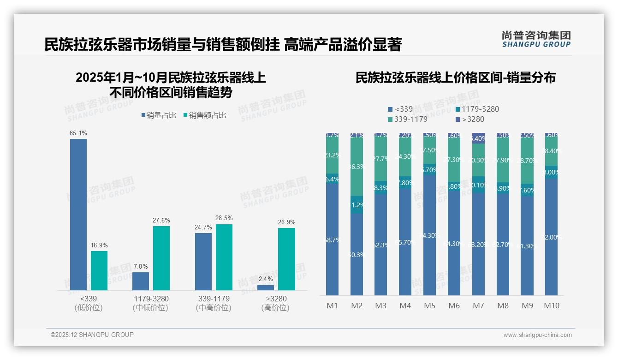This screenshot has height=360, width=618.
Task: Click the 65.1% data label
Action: (78, 133)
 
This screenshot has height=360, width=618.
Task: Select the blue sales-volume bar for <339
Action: (78, 215)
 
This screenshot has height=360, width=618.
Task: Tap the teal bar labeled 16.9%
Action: (99, 270)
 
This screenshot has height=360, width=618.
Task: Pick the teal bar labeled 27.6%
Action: (161, 258)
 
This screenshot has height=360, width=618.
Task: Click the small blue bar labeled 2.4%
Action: (266, 288)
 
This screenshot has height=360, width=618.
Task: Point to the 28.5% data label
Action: (224, 218)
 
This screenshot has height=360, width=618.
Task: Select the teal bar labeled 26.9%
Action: (286, 259)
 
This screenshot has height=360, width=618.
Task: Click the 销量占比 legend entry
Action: (159, 115)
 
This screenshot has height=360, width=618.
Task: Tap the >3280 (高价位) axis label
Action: (276, 303)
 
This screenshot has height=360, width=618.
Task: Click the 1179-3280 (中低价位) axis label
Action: (150, 303)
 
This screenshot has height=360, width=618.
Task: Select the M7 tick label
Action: (478, 306)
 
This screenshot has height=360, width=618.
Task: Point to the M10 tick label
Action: (552, 306)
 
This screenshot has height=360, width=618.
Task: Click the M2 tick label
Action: (357, 306)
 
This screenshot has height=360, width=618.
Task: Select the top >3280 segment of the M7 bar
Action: (478, 138)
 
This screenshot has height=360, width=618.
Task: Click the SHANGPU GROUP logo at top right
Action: (536, 39)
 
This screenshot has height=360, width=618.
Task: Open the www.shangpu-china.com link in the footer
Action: (537, 335)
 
